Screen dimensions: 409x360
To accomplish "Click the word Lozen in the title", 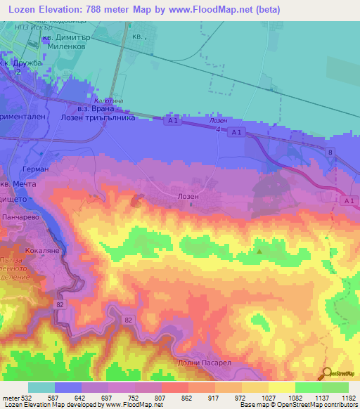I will coord(23,8).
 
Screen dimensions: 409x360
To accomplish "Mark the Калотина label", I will coord(104,101).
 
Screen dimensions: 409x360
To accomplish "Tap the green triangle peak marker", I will coord(260,250).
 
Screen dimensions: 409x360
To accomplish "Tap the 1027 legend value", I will coord(260,398).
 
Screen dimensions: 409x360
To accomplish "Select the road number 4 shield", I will coord(219,129).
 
